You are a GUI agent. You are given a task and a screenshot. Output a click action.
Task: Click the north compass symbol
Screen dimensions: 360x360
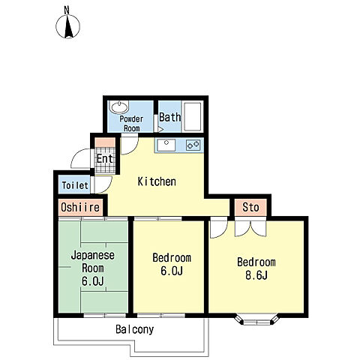pyautogui.click(x=67, y=26)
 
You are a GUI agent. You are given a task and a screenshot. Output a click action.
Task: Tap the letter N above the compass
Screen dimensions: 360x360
pyautogui.click(x=67, y=10)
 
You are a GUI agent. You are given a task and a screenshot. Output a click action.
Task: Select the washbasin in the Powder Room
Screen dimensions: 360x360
pyautogui.click(x=119, y=107)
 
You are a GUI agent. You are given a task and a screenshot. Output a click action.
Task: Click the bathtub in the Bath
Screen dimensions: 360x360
pyautogui.click(x=193, y=116)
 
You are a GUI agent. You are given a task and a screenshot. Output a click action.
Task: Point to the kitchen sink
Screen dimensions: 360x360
pyautogui.click(x=166, y=145)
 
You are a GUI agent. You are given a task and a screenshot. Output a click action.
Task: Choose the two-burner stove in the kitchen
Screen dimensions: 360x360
pyautogui.click(x=193, y=145)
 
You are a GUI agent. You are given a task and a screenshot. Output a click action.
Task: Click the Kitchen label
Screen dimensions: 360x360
pyautogui.click(x=157, y=181)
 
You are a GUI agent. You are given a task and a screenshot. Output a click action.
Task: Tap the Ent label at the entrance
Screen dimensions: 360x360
pyautogui.click(x=105, y=158)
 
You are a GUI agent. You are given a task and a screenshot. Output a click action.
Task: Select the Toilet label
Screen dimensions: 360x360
pyautogui.click(x=75, y=185)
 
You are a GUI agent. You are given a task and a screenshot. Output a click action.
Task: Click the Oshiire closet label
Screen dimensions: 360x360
pyautogui.click(x=80, y=207)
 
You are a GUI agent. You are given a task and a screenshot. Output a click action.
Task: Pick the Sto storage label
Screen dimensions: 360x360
pyautogui.click(x=250, y=207)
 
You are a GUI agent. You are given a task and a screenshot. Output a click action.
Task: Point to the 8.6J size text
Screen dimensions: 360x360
pyautogui.click(x=256, y=275)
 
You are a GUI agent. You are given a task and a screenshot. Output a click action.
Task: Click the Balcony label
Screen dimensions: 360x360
pyautogui.click(x=134, y=329)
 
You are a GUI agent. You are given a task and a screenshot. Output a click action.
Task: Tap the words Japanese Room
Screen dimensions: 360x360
pyautogui.click(x=93, y=262)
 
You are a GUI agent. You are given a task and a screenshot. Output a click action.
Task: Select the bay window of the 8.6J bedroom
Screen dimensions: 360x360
pyautogui.click(x=256, y=320)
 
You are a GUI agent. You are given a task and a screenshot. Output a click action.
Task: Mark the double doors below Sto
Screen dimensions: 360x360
pyautogui.click(x=250, y=228)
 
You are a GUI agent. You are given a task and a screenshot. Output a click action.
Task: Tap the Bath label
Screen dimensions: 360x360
pyautogui.click(x=170, y=117)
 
